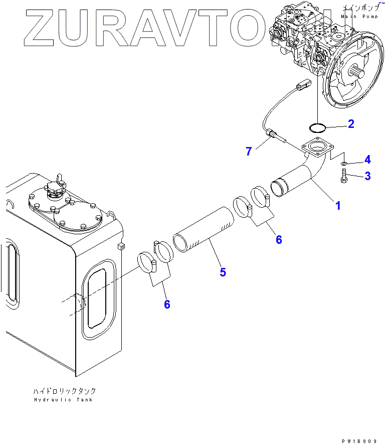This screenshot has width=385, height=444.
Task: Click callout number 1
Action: (x=338, y=206)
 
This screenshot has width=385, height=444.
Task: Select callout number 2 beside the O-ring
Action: (x=351, y=124)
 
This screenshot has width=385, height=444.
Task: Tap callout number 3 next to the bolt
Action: (x=367, y=176)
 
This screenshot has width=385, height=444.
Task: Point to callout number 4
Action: (x=367, y=160)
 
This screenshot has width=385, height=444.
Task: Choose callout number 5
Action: (x=223, y=272)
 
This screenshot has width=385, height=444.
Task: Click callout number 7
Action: (x=249, y=151)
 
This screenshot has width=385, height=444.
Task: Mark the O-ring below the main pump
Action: (x=317, y=125)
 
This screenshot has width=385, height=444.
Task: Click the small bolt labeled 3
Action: (x=344, y=176)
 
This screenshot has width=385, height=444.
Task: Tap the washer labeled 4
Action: (x=344, y=163)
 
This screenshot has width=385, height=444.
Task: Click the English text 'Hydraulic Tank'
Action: (x=64, y=400)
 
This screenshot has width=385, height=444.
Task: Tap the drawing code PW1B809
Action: (x=359, y=441)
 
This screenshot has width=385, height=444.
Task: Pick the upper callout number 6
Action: (x=279, y=239)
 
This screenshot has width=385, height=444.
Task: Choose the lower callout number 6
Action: (x=167, y=304)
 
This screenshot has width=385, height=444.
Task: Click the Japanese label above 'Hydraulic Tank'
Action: (x=64, y=391)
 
